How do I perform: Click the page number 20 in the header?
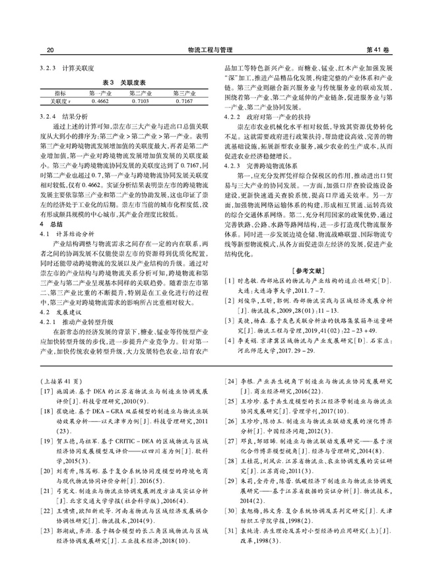(x=51, y=49)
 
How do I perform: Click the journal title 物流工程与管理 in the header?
(x=214, y=49)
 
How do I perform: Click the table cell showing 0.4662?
(x=102, y=102)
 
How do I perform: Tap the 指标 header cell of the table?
(x=60, y=94)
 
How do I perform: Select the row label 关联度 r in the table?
(x=60, y=102)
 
